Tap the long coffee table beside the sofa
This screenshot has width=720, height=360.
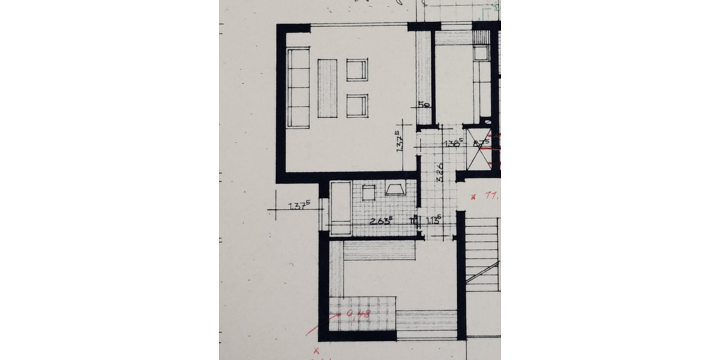(327, 88)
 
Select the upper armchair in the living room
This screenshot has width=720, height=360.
(356, 70)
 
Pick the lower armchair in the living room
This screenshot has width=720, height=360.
(356, 106)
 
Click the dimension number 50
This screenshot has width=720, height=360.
(424, 105)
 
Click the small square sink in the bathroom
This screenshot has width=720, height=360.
(368, 193)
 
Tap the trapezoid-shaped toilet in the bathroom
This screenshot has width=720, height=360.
(395, 190)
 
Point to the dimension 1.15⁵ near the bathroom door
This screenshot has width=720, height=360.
(433, 220)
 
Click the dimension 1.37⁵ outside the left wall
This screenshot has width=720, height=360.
(299, 207)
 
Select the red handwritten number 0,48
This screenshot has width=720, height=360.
(358, 313)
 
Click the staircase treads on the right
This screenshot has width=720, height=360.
(482, 255)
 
